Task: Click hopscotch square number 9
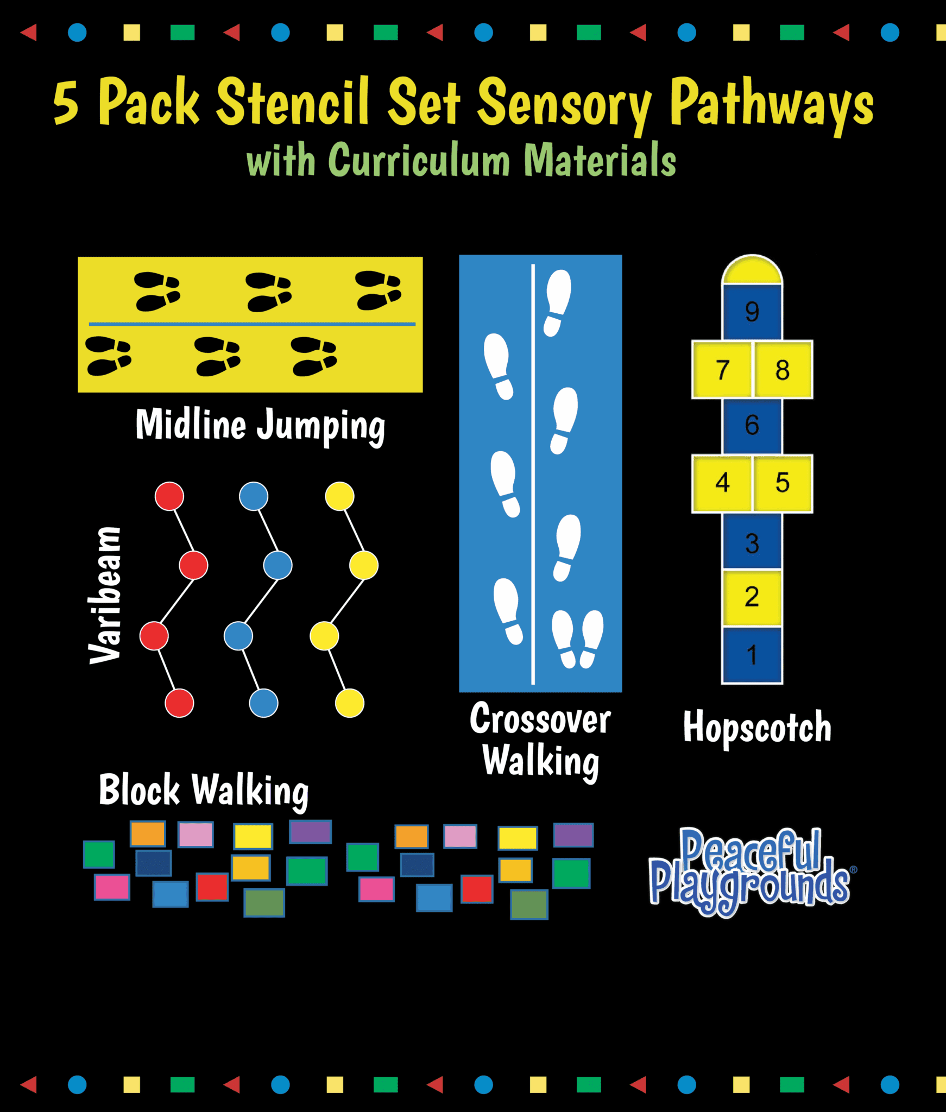(752, 312)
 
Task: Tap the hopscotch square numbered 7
(722, 370)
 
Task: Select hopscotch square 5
(783, 483)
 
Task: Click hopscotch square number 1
(752, 655)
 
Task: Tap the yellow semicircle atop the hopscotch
(752, 270)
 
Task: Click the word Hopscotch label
(757, 726)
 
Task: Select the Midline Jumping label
(260, 426)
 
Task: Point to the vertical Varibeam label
(105, 595)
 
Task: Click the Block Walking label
(204, 791)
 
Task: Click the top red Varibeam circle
(169, 496)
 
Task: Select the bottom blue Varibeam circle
(264, 703)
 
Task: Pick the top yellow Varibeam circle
(340, 496)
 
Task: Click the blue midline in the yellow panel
(252, 324)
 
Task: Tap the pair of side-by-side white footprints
(578, 639)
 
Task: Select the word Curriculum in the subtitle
(419, 160)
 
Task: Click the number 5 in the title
(66, 103)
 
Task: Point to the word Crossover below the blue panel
(540, 718)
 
